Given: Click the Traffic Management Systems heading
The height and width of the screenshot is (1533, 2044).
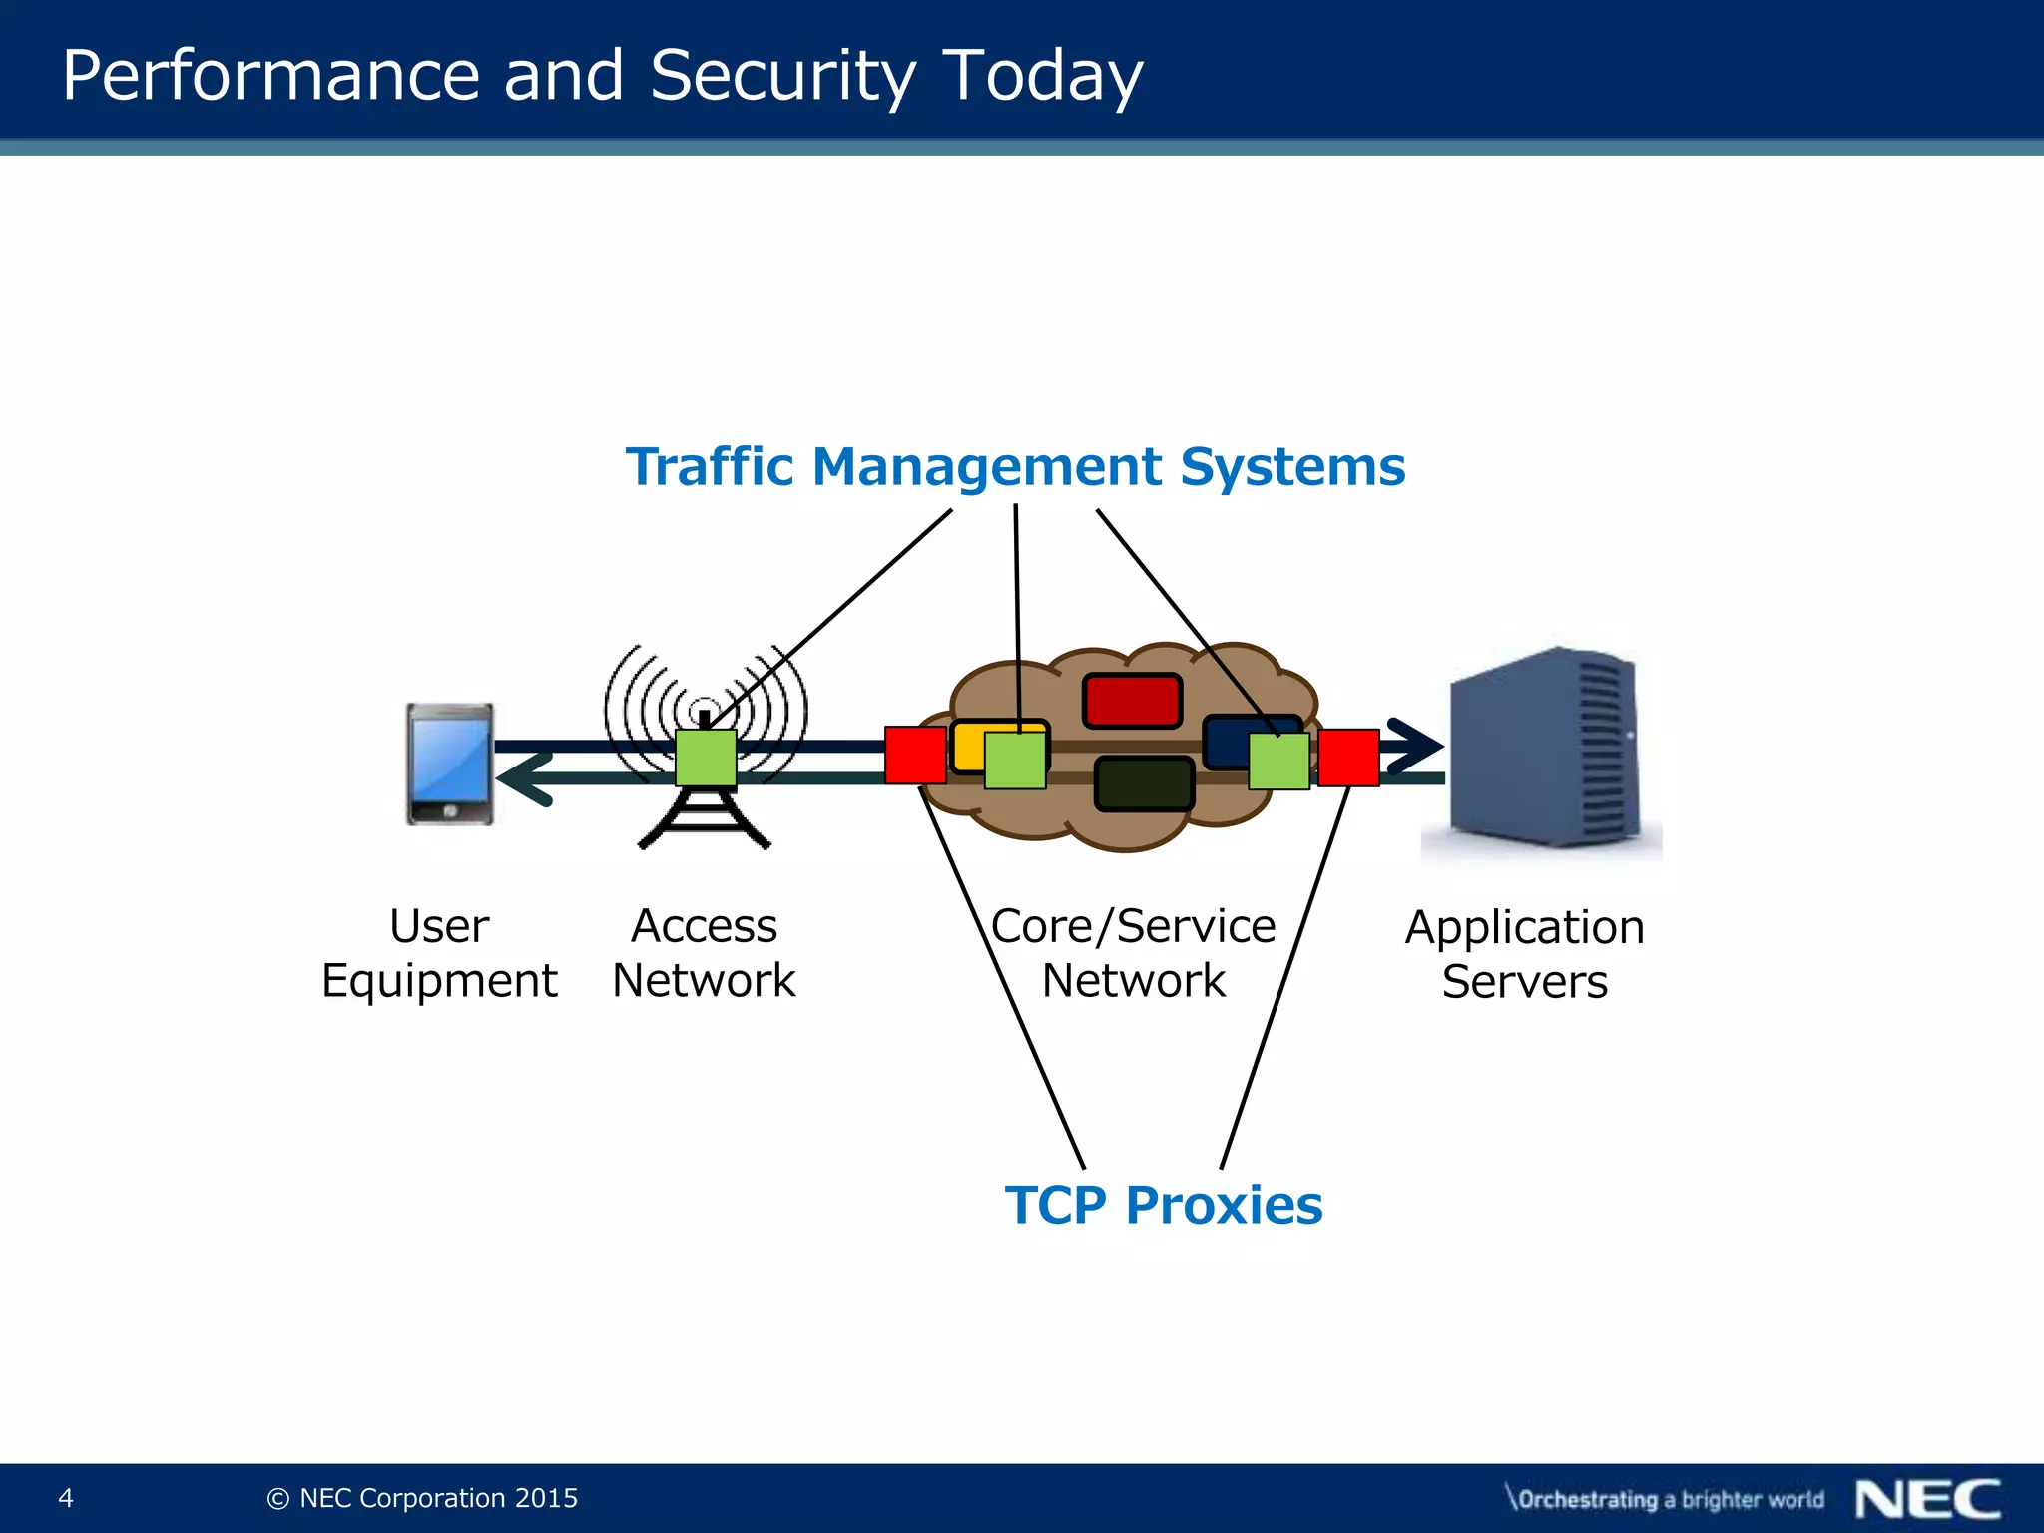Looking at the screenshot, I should click(1015, 467).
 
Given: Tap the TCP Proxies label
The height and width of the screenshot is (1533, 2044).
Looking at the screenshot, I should click(1164, 1205).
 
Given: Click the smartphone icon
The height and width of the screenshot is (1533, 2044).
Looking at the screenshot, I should click(449, 764).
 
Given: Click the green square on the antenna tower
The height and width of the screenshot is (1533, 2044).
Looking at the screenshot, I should click(706, 758).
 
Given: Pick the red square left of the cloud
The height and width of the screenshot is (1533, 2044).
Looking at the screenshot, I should click(915, 755).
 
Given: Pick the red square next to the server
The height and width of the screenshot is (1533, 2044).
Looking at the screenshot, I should click(1348, 758).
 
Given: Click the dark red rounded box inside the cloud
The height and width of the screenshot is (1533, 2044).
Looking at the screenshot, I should click(1132, 700).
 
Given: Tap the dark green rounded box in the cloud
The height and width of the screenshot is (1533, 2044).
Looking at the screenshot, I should click(1144, 783).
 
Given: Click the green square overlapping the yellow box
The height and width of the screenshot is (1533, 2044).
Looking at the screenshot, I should click(1015, 761).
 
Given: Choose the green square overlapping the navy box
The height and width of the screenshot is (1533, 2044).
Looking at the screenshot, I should click(1278, 762).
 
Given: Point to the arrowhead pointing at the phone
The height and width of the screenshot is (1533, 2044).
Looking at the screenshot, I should click(524, 778).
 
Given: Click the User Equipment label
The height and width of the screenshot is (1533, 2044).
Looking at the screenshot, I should click(439, 953).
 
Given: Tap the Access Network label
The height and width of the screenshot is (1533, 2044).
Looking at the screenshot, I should click(704, 953).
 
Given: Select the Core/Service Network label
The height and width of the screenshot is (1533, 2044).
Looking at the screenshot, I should click(1133, 953).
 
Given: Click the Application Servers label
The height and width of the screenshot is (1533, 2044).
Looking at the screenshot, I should click(1524, 954).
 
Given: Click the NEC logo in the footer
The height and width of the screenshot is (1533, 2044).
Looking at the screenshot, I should click(1927, 1499).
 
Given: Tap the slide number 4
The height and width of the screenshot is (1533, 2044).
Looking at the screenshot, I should click(66, 1498).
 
